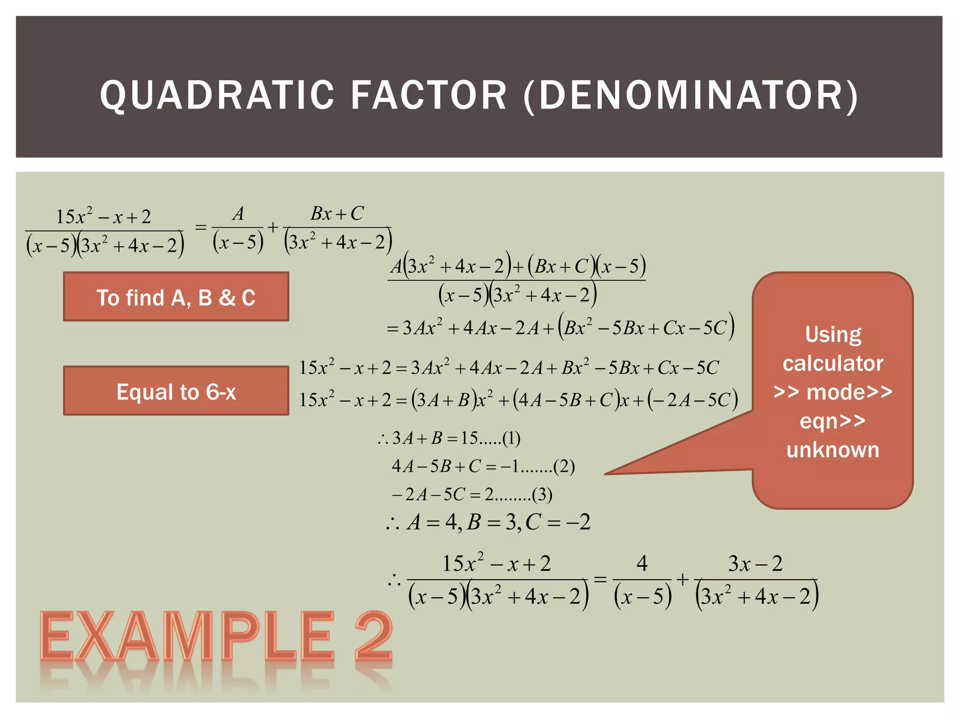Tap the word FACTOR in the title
(429, 95)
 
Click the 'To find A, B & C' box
(176, 297)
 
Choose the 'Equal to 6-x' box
(176, 391)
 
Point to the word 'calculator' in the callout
(833, 363)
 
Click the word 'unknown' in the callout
(833, 450)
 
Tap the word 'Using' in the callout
(833, 335)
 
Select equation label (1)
(511, 438)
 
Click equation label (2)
(564, 467)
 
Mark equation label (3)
(542, 495)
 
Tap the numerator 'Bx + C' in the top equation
(337, 214)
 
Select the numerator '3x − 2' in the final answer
(755, 563)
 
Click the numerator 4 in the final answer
(642, 563)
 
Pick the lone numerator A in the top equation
(238, 214)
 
